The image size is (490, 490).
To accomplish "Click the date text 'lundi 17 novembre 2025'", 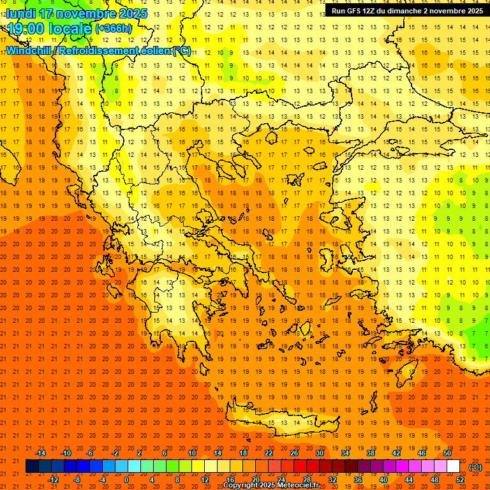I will tap(77, 13).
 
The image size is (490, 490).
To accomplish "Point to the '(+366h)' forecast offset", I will tap(114, 29).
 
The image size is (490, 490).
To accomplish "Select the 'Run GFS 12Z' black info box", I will tap(407, 11).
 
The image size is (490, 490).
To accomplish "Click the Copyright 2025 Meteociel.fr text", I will tap(271, 486).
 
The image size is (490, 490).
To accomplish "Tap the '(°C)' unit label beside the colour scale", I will tap(475, 467).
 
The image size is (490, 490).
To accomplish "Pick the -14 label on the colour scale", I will tap(41, 453).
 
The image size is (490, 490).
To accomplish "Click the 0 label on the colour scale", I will tap(126, 480).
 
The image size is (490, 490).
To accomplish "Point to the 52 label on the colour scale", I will tap(460, 480).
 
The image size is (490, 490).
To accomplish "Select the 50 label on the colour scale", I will tap(447, 453).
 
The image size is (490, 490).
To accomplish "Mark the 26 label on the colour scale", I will tap(293, 453).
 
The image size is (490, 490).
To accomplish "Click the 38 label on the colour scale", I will tap(370, 453).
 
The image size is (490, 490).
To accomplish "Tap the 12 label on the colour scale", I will tap(205, 480).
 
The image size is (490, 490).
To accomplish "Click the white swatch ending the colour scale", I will tap(453, 466).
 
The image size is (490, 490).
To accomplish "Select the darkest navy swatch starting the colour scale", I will tap(32, 466).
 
